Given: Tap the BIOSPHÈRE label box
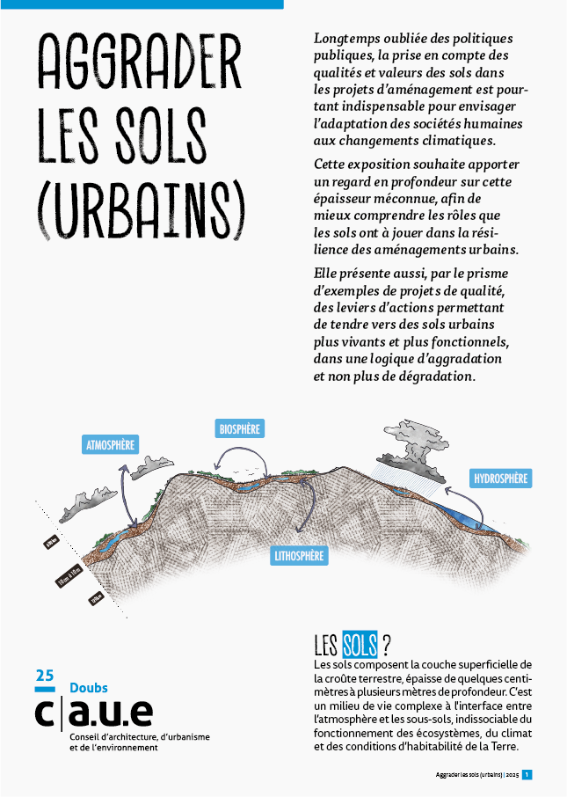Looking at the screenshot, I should pyautogui.click(x=239, y=428).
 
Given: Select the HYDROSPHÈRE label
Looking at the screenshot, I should pyautogui.click(x=500, y=479).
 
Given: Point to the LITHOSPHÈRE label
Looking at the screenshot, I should pyautogui.click(x=299, y=556).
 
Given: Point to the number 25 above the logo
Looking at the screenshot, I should pyautogui.click(x=44, y=676).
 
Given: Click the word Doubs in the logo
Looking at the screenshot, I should pyautogui.click(x=88, y=688).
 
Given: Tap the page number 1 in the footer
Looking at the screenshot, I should pyautogui.click(x=527, y=775).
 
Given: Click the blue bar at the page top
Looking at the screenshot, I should pyautogui.click(x=142, y=4).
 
